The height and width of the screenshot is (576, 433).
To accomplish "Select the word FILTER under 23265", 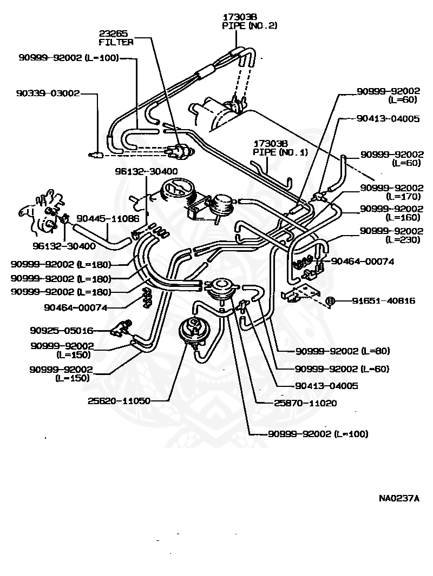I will (x=116, y=42).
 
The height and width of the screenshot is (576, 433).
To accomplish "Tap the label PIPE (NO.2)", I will (x=249, y=25).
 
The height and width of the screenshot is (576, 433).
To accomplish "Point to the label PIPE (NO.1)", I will (x=280, y=152).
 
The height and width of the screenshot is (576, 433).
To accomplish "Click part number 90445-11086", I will (x=107, y=219).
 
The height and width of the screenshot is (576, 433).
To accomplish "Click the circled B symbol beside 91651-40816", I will (x=331, y=301).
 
